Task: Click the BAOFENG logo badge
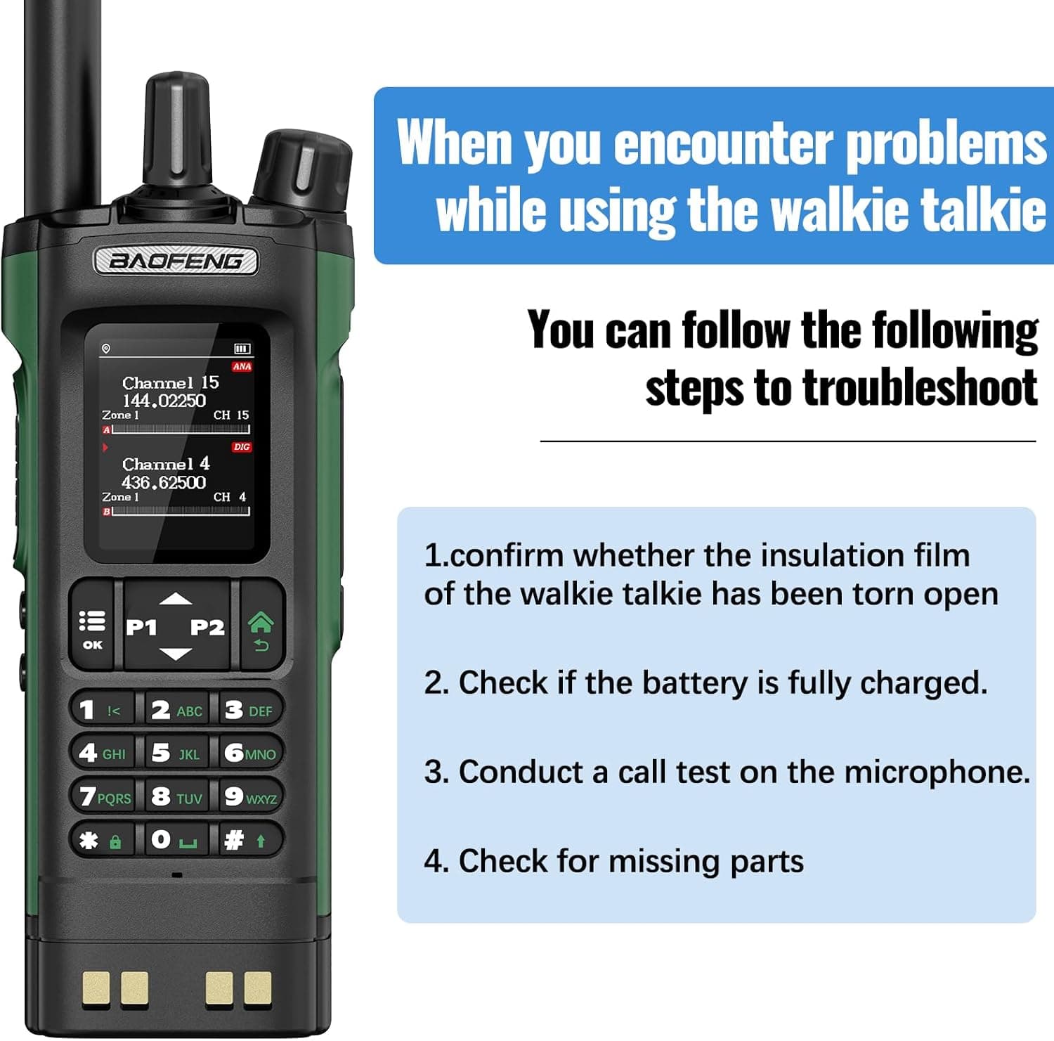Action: coord(176,261)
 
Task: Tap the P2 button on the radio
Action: coord(207,627)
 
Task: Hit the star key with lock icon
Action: coord(102,839)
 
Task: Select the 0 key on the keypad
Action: coord(176,839)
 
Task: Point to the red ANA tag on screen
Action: coord(242,366)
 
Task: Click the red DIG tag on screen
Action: coord(242,447)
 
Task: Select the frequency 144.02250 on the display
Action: coord(164,401)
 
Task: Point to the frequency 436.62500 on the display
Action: coord(164,482)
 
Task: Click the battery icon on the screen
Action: coord(242,349)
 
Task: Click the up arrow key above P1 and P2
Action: coord(176,599)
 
